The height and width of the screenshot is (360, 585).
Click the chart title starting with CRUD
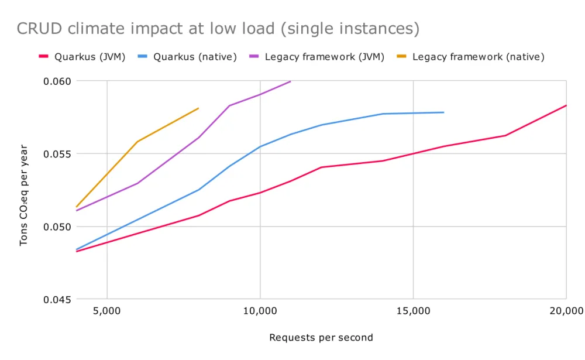(x=218, y=29)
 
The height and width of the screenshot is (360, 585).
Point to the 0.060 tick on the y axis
(x=57, y=81)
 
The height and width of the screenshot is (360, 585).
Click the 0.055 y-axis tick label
(x=57, y=154)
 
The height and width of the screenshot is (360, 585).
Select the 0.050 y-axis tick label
(x=57, y=227)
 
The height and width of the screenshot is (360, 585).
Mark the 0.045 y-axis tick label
(x=57, y=299)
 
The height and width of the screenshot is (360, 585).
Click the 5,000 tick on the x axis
(x=107, y=310)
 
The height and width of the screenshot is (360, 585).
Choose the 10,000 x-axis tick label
(x=260, y=310)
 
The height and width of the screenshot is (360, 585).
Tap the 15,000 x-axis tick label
(x=413, y=310)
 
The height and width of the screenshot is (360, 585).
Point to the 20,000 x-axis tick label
(x=566, y=310)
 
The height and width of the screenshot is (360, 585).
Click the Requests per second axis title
(x=321, y=338)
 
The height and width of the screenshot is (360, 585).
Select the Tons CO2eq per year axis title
(x=24, y=190)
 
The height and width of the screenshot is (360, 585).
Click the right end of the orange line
(x=199, y=108)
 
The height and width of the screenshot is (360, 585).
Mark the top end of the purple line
(x=290, y=81)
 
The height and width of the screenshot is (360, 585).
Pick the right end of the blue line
(x=444, y=112)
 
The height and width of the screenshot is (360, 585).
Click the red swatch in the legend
(x=43, y=57)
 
